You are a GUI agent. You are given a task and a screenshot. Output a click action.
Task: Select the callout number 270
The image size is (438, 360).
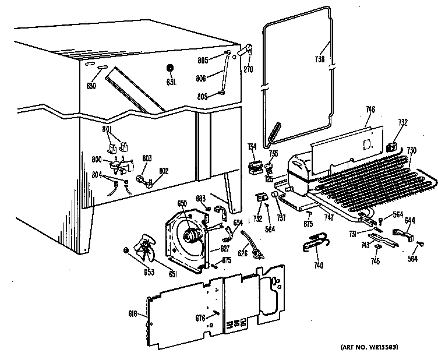click(248, 68)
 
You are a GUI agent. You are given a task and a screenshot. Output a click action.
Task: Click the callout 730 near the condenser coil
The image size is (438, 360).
click(412, 150)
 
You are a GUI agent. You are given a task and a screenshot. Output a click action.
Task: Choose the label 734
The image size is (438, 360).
click(252, 146)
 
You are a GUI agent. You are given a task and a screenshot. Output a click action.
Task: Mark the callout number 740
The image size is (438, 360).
click(318, 266)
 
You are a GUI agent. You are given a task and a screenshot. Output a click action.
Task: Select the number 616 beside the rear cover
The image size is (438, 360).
click(133, 314)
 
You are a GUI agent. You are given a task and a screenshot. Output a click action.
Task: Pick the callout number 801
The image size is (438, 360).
click(107, 129)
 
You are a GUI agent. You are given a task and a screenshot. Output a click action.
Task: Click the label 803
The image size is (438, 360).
click(147, 158)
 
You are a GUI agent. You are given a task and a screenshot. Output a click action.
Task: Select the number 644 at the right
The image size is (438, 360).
click(410, 220)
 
